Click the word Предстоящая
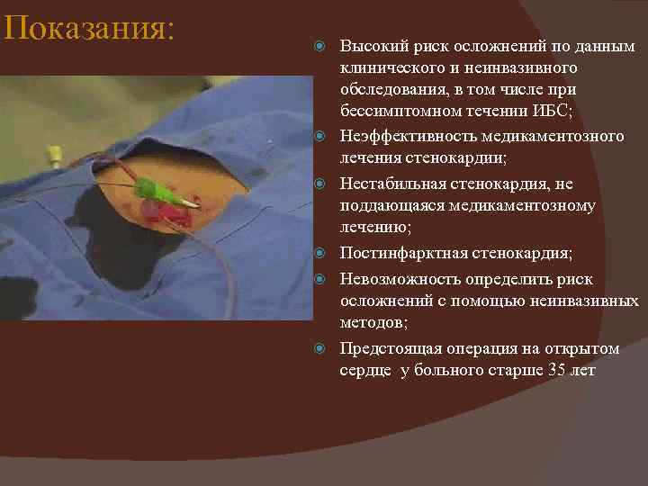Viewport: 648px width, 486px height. (x=389, y=348)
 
